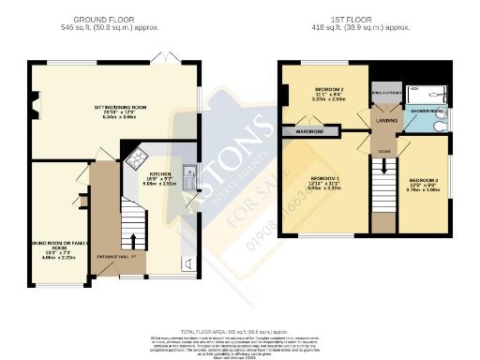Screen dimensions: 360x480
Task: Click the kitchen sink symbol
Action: tap(188, 171)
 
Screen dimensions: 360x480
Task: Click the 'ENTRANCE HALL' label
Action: tap(124, 257)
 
